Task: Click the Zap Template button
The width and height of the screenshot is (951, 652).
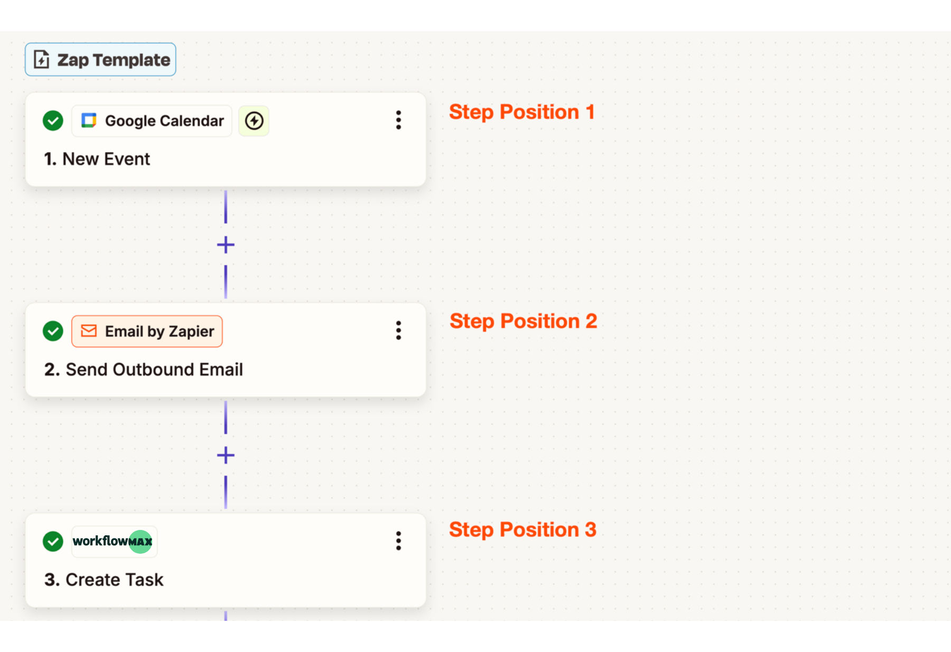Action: pyautogui.click(x=100, y=60)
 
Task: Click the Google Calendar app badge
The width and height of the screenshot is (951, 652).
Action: pyautogui.click(x=152, y=121)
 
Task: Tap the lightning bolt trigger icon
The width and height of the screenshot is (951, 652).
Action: pyautogui.click(x=254, y=121)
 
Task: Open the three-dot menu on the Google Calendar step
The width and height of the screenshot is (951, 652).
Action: pyautogui.click(x=399, y=120)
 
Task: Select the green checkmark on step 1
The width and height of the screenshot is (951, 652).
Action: pyautogui.click(x=53, y=121)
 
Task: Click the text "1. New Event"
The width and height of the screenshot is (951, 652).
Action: pyautogui.click(x=97, y=159)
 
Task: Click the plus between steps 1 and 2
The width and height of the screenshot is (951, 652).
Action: pyautogui.click(x=226, y=245)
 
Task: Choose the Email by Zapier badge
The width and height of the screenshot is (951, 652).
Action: pyautogui.click(x=147, y=331)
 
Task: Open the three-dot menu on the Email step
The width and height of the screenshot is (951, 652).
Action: pyautogui.click(x=399, y=331)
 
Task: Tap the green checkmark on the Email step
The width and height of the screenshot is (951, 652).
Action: pyautogui.click(x=53, y=331)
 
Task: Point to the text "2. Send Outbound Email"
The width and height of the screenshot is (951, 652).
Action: pyautogui.click(x=144, y=369)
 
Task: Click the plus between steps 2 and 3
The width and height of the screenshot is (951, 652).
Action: pyautogui.click(x=226, y=455)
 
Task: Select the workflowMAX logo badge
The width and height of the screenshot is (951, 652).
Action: pyautogui.click(x=114, y=542)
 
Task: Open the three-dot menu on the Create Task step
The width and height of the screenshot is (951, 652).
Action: pyautogui.click(x=399, y=541)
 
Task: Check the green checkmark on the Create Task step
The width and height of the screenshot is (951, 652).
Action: pyautogui.click(x=53, y=542)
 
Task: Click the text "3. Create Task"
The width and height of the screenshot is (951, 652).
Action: pyautogui.click(x=104, y=580)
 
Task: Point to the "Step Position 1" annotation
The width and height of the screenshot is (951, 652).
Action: pyautogui.click(x=522, y=113)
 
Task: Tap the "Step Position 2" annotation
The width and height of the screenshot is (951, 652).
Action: pyautogui.click(x=523, y=322)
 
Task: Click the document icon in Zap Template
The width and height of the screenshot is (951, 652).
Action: pyautogui.click(x=42, y=60)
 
